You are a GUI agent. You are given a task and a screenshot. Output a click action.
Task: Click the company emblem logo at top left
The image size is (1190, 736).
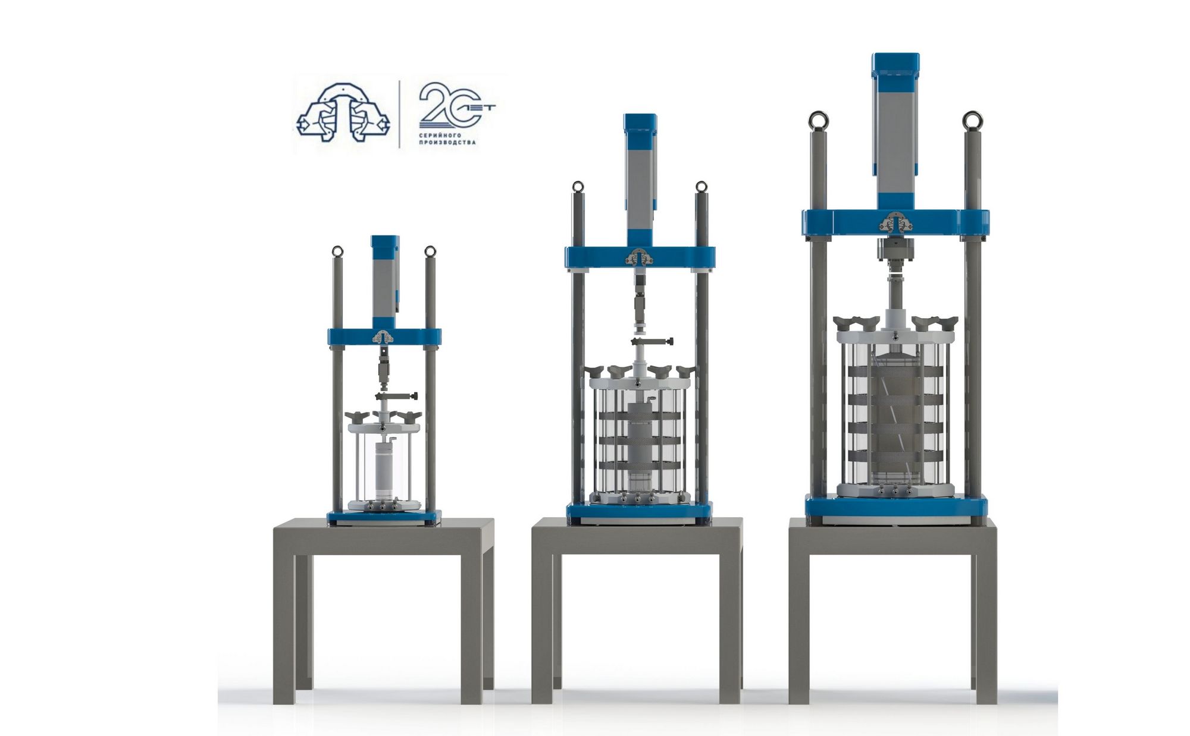tap(343, 113)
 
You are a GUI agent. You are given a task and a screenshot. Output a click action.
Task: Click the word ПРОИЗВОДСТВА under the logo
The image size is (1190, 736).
tap(447, 143)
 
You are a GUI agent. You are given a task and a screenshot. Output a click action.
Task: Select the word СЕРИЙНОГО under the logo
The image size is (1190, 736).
tap(440, 135)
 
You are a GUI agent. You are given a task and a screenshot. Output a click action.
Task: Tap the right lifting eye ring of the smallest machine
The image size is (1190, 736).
tap(430, 251)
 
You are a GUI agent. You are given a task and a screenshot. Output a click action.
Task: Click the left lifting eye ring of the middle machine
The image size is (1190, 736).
tap(578, 187)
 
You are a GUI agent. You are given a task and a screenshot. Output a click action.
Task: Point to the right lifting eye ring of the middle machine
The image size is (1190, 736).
tap(702, 187)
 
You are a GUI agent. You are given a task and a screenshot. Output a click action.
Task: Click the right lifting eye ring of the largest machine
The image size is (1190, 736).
tap(973, 121)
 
